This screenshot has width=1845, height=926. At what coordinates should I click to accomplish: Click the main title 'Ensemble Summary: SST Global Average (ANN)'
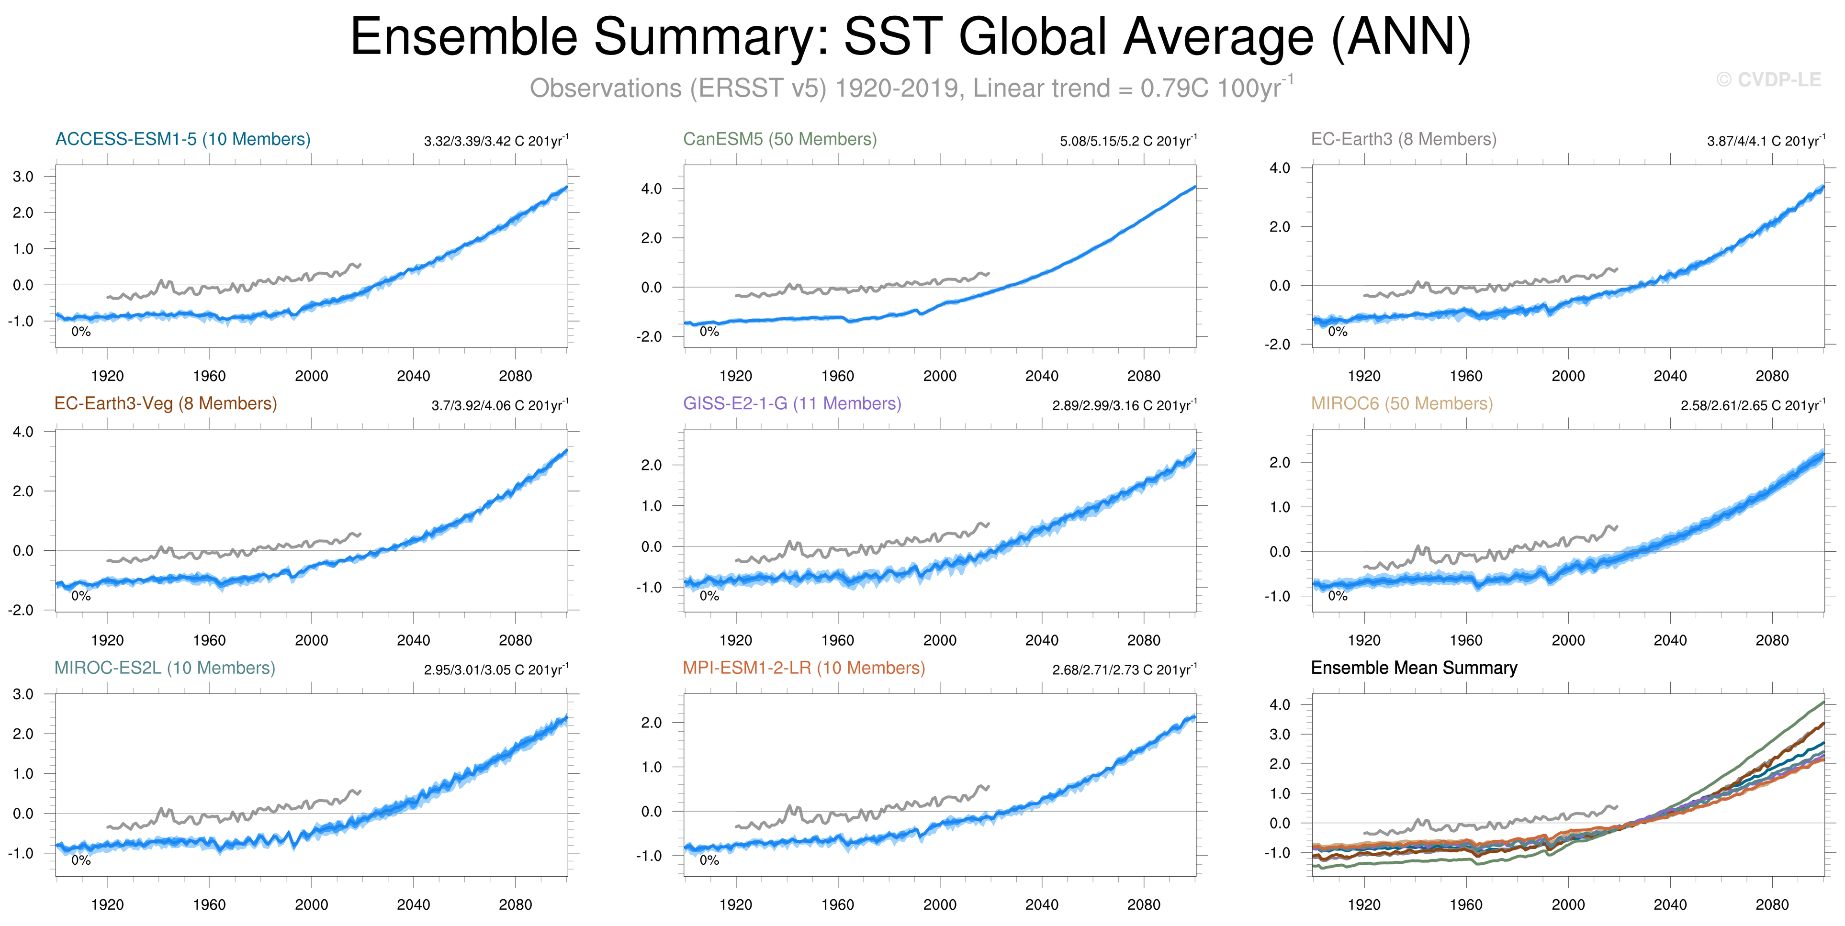tap(910, 37)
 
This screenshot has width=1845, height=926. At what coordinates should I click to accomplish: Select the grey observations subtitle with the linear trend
tap(911, 88)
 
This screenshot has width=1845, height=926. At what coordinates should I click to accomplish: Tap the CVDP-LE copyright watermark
tap(1768, 79)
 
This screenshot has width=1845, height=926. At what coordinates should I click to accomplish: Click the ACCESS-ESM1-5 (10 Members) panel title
tap(183, 139)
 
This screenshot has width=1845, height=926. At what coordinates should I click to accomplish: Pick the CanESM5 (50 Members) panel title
tap(780, 139)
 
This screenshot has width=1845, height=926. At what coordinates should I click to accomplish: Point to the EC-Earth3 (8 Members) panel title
tap(1403, 139)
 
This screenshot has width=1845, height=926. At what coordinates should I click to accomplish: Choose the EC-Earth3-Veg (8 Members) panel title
tap(166, 403)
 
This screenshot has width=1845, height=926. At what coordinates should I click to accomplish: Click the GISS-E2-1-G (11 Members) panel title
tap(791, 403)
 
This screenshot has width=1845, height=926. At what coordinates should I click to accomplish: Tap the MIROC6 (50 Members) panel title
tap(1402, 403)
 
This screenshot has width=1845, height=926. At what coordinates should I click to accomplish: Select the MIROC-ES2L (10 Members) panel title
tap(165, 668)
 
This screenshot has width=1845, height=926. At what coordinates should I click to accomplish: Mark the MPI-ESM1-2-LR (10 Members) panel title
tap(804, 668)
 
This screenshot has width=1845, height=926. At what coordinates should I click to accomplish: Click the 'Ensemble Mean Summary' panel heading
tap(1414, 668)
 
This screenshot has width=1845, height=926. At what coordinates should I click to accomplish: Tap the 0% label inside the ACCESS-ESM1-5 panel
tap(81, 332)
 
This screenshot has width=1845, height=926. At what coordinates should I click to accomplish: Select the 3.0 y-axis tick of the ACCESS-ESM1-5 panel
tap(23, 176)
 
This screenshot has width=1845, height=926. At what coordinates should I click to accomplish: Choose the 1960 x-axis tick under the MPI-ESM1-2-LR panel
tap(837, 904)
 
